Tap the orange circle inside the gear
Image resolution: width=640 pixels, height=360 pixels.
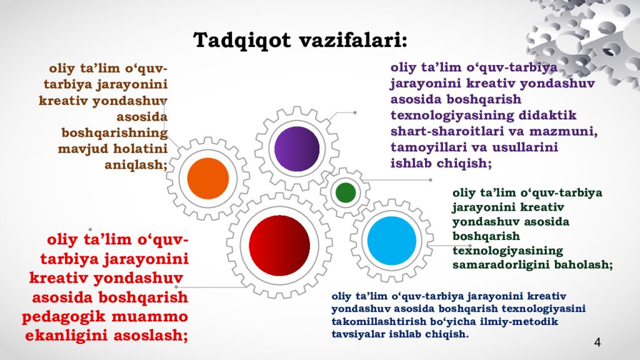(208, 178)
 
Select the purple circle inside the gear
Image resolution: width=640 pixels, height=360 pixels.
(297, 148)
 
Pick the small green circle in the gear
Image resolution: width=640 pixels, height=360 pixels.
(346, 192)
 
